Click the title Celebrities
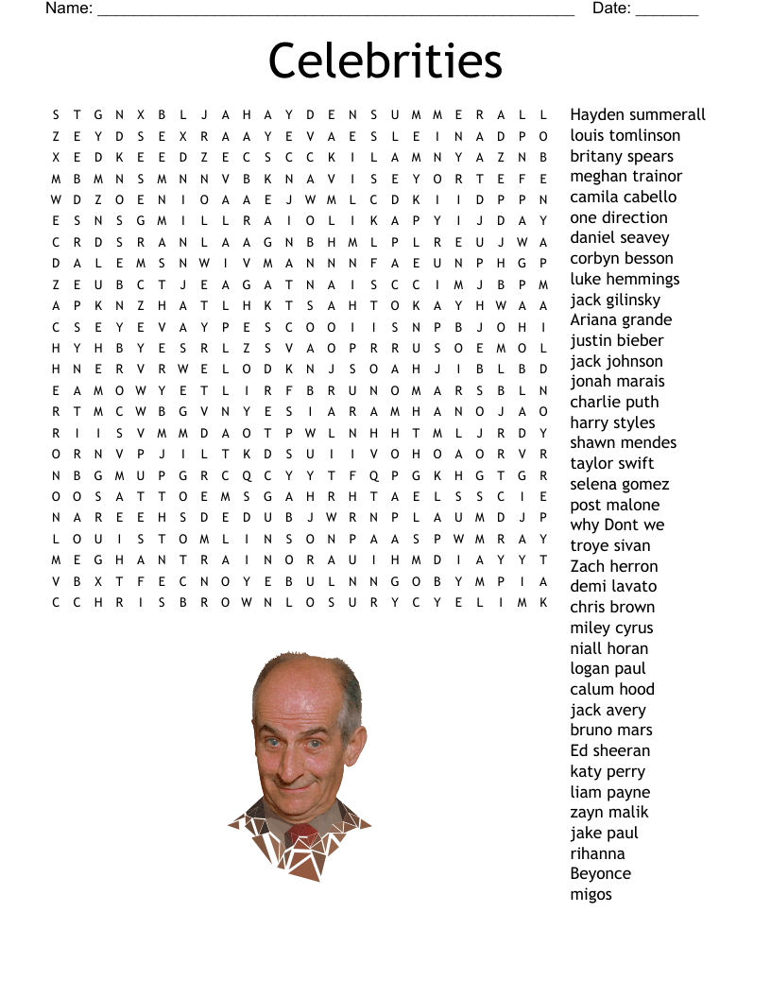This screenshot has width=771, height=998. (385, 60)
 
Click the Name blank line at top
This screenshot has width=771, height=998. (335, 11)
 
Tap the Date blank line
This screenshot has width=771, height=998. (667, 11)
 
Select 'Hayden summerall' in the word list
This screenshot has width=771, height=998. (638, 114)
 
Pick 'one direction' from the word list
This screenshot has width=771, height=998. (619, 217)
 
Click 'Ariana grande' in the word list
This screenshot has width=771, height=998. (621, 319)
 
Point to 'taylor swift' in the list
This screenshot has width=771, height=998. (612, 463)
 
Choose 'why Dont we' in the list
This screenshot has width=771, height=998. (617, 525)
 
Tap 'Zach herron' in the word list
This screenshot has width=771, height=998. (614, 566)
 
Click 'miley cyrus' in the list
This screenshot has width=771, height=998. (611, 628)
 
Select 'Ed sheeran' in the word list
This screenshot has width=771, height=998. (610, 750)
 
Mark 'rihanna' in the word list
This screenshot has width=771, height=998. (597, 853)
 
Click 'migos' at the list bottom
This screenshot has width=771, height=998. (591, 894)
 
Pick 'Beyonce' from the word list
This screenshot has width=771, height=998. (600, 873)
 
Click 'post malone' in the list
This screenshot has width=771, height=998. (614, 505)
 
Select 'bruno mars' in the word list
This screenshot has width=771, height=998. (611, 730)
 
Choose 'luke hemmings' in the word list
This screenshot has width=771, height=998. (625, 279)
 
